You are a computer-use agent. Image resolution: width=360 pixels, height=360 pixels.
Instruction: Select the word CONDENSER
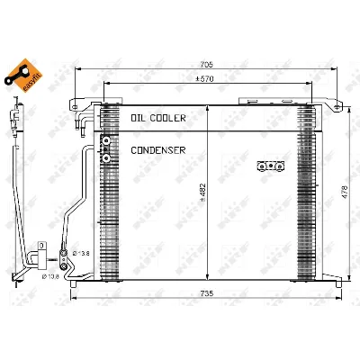point(158,149)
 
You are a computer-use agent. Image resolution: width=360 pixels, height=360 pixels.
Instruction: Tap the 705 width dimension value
point(206,64)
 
